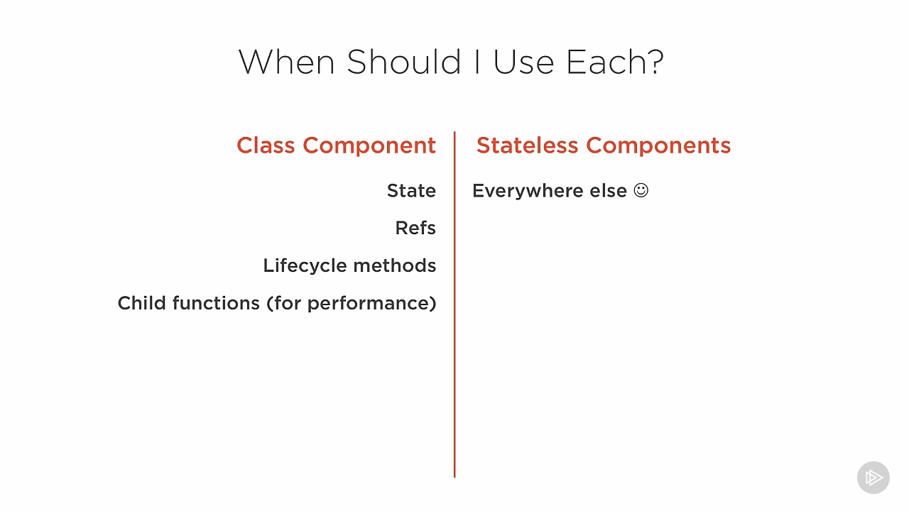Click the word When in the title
pos(286,62)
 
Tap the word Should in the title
pos(404,61)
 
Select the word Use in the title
pos(523,62)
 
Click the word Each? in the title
pos(615,62)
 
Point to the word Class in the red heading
pos(266,145)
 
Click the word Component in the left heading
pos(369,146)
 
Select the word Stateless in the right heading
pos(527,145)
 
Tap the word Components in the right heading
pos(658,146)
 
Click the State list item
pos(411,191)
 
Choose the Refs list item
pos(415,228)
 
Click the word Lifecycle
pos(305,266)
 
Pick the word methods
pos(395,265)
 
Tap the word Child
pos(141,303)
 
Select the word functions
pos(216,303)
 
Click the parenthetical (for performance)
pos(352,304)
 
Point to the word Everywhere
pos(528,191)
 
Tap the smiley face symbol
pos(641,190)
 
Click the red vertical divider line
pos(454,304)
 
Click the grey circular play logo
pos(873,478)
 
